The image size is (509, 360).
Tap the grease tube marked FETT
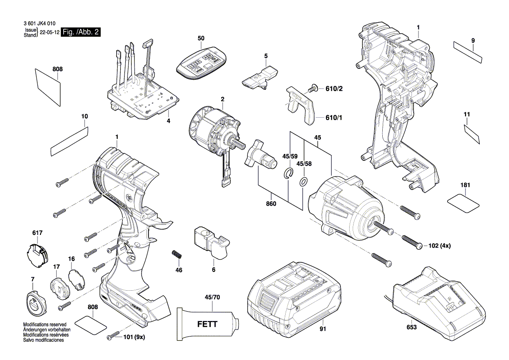tap(209, 325)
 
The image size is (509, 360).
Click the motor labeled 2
tap(213, 131)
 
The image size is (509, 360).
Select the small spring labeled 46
tap(177, 255)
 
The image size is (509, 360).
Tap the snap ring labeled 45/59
tap(288, 174)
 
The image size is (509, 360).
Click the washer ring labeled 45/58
tap(303, 181)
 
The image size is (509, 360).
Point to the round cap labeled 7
tap(35, 301)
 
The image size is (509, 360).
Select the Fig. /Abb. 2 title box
tap(81, 32)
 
